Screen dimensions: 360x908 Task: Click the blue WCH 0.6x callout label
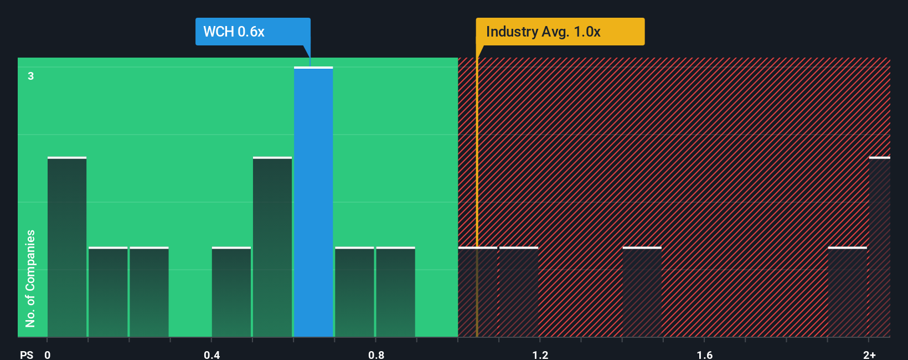click(x=252, y=32)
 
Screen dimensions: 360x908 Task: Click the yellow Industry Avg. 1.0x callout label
click(x=560, y=32)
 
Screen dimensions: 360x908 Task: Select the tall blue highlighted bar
click(x=313, y=202)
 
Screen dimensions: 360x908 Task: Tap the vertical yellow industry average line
click(x=477, y=194)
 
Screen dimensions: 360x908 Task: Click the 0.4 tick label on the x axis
click(x=211, y=354)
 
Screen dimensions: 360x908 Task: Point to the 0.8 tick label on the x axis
click(x=376, y=354)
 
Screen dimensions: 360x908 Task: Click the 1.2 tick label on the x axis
click(x=540, y=354)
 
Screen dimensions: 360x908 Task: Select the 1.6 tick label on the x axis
click(x=704, y=354)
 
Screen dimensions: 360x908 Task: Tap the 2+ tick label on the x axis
click(x=869, y=354)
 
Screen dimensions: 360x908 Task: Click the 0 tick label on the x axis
click(x=48, y=354)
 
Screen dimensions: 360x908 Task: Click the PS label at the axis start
click(x=27, y=354)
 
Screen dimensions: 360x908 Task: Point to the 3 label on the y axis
click(x=31, y=76)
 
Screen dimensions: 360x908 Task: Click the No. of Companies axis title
click(x=30, y=278)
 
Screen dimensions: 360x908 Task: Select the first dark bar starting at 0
click(x=67, y=247)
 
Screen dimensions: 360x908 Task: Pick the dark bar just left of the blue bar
click(x=272, y=247)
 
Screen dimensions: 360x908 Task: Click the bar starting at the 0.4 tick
click(x=231, y=292)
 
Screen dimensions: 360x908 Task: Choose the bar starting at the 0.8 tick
click(x=395, y=292)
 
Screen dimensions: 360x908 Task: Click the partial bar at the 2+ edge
click(x=879, y=247)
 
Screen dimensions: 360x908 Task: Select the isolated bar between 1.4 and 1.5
click(x=642, y=292)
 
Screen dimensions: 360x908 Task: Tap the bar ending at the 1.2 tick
click(x=519, y=292)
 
